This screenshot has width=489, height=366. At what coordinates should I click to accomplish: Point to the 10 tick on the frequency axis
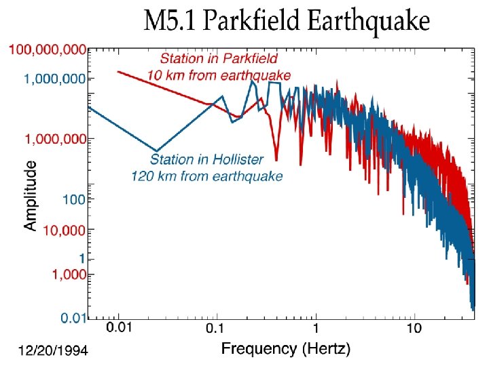tap(414, 329)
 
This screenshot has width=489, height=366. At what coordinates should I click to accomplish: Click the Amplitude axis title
tap(31, 195)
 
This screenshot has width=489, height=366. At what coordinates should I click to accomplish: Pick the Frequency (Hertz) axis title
tap(285, 350)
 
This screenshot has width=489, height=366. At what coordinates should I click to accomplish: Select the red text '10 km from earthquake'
tap(219, 75)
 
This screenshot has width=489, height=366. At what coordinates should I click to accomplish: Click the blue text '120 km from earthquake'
tap(206, 176)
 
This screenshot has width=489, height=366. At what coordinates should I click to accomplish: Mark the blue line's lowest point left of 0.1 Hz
tap(157, 150)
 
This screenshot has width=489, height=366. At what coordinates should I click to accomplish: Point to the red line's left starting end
tap(118, 71)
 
